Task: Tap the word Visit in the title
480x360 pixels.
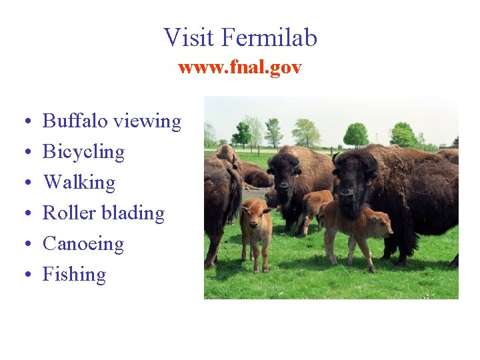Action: [189, 37]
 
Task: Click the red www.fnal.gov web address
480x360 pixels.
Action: [240, 67]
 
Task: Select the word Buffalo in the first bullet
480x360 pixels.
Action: [75, 121]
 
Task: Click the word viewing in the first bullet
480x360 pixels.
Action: [147, 122]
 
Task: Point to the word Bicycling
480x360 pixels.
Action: [83, 153]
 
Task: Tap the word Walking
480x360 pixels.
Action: [79, 182]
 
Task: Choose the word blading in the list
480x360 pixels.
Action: [133, 214]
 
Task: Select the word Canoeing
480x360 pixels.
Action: [83, 244]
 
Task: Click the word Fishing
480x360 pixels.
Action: [74, 275]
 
